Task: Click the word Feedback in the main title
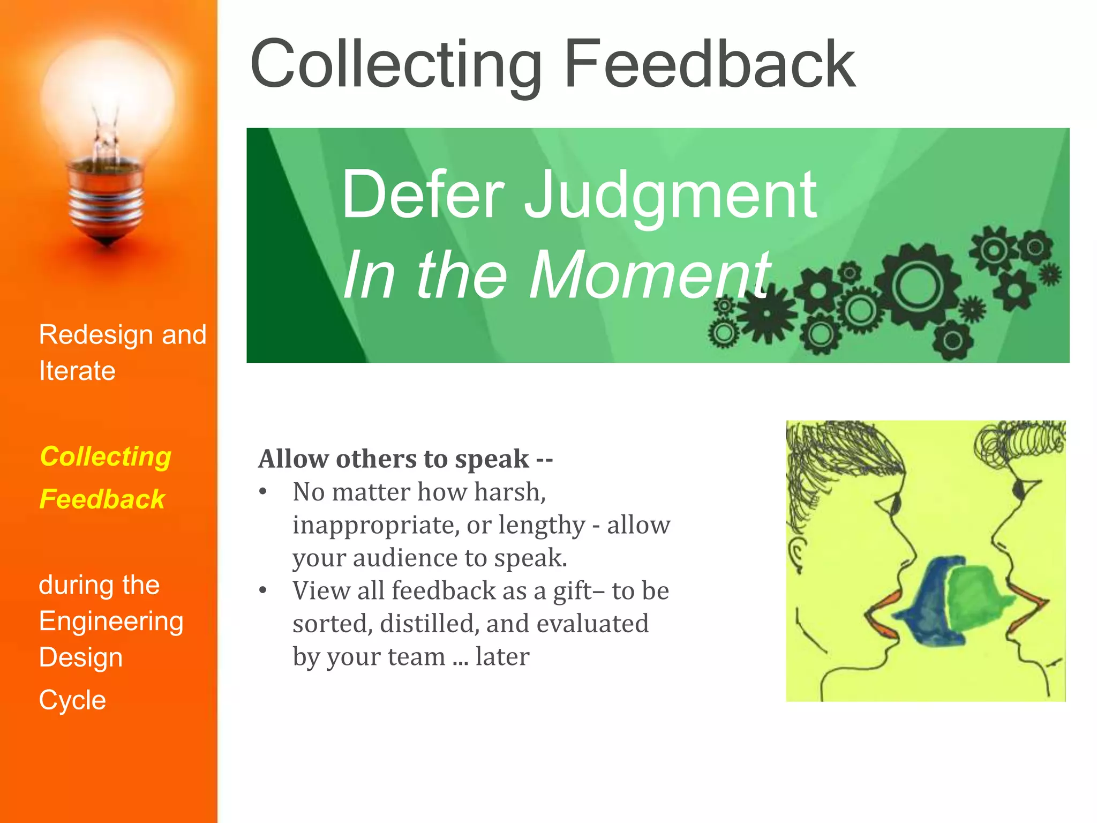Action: click(x=710, y=64)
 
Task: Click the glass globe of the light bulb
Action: click(x=107, y=96)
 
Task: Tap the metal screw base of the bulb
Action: click(x=106, y=204)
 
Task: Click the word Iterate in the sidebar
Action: click(x=77, y=371)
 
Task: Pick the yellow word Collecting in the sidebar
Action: click(x=106, y=457)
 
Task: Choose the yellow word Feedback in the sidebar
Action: click(x=102, y=499)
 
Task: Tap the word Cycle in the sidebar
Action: click(x=72, y=700)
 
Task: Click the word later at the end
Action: click(x=502, y=657)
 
